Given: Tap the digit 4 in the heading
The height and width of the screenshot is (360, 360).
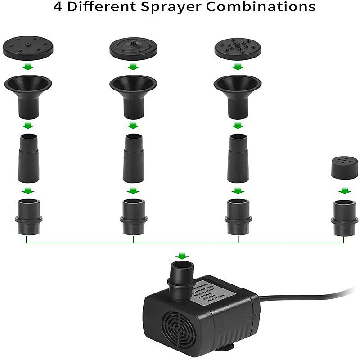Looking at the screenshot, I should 58,8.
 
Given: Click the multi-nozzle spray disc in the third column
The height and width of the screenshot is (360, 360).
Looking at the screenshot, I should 237,49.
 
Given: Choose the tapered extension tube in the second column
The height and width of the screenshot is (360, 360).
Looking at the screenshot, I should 133,157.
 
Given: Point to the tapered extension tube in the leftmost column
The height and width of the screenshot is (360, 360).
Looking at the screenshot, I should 28,157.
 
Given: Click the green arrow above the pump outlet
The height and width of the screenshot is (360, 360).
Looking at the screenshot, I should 182,256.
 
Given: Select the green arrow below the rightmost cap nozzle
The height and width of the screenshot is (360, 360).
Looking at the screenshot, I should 345,191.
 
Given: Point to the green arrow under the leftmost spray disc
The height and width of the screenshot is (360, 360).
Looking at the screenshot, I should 28,67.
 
